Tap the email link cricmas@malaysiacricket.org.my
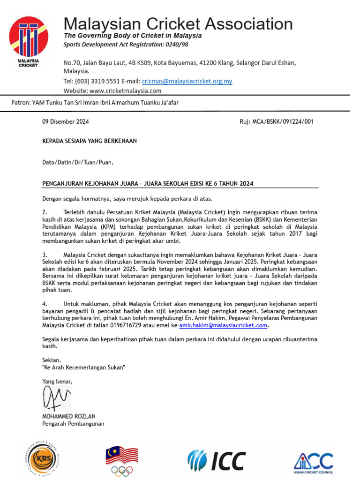click(187, 81)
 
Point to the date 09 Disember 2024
click(66, 121)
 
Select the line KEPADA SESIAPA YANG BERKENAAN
click(90, 141)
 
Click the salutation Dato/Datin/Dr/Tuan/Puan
click(78, 163)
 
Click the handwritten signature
click(56, 398)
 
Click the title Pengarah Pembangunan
click(73, 424)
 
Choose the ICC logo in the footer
click(216, 460)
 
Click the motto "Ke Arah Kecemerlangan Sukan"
click(84, 367)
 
